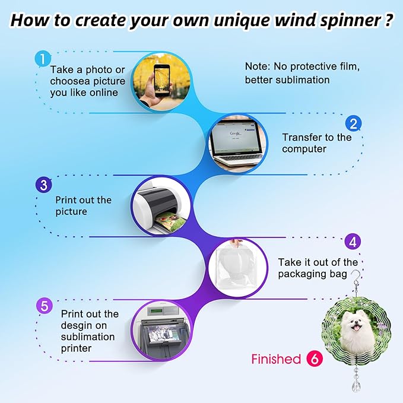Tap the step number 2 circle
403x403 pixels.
(x=354, y=123)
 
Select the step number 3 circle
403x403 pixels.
(x=43, y=185)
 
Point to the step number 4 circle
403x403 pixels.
(x=353, y=242)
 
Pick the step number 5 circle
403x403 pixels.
(x=43, y=306)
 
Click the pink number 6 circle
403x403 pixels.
(x=314, y=359)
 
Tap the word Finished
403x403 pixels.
(x=276, y=359)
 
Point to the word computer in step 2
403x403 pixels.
(x=304, y=149)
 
